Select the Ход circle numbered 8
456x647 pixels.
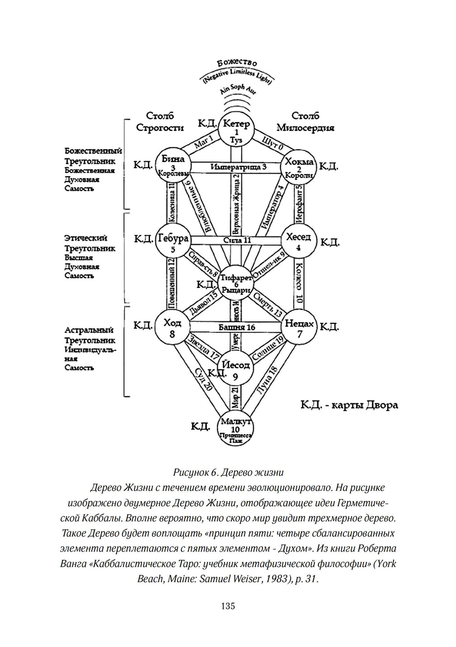(172, 328)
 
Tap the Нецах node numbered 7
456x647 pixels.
(299, 328)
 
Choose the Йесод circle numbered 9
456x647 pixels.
(235, 370)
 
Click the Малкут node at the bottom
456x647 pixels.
(235, 428)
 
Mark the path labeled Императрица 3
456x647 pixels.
(238, 167)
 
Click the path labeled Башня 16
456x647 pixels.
(237, 327)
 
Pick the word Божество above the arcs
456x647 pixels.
(237, 63)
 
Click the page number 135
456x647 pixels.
(228, 606)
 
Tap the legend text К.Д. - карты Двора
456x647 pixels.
(349, 405)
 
